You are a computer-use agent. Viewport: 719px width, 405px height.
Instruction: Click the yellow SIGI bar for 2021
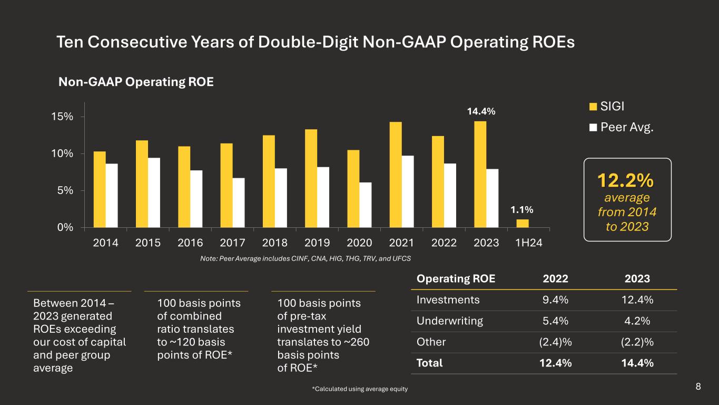[x=396, y=175]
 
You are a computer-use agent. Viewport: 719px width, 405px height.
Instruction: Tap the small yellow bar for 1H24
[x=523, y=224]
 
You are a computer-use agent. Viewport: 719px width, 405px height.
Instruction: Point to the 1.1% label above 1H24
[x=522, y=210]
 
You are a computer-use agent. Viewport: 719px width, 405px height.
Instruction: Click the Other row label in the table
[x=431, y=342]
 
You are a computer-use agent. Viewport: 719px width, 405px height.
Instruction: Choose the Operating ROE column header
[x=456, y=279]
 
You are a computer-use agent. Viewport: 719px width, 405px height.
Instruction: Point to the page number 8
[x=698, y=387]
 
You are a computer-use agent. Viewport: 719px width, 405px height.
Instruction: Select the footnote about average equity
[x=360, y=389]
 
